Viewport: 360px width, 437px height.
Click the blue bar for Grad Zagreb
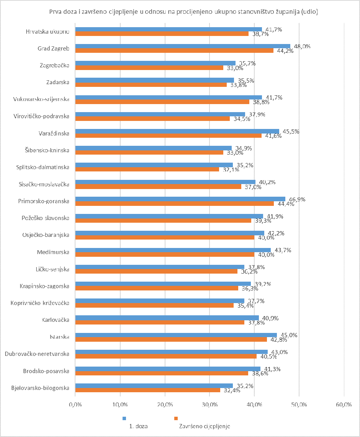[x=183, y=46]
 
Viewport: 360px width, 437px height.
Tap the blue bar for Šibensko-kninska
[x=153, y=148]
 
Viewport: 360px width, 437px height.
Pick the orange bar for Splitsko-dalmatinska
[x=147, y=169]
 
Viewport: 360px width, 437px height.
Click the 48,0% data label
[x=303, y=46]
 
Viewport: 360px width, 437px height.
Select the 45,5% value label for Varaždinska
[x=291, y=131]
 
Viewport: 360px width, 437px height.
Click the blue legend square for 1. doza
[x=124, y=418]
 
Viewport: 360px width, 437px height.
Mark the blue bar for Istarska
[x=176, y=334]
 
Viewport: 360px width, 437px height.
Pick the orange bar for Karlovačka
[x=160, y=322]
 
